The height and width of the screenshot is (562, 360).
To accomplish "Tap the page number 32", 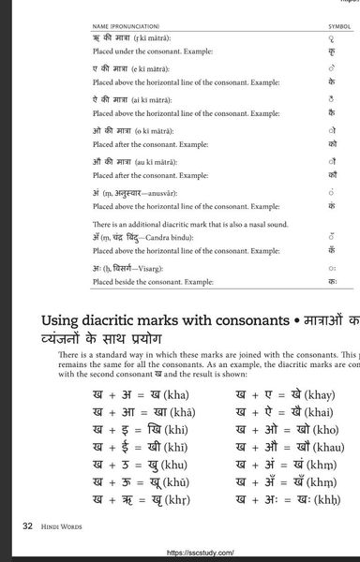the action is point(28,527).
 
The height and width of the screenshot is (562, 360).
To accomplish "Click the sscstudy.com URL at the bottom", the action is point(200,554).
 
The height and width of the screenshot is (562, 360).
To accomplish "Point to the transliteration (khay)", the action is point(317,394).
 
